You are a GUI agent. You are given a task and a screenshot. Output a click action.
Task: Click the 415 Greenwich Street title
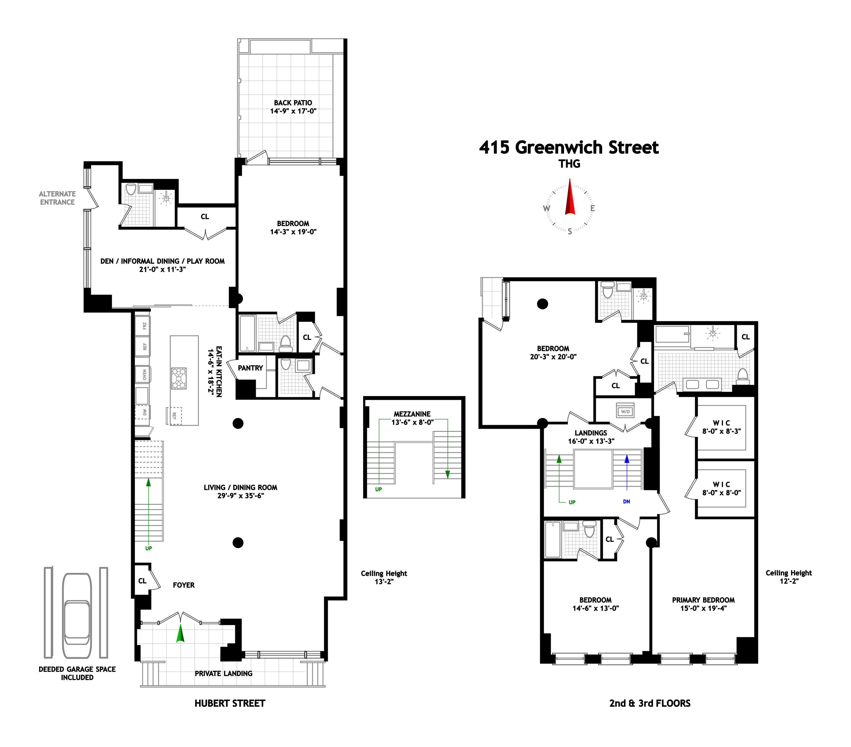click(x=569, y=148)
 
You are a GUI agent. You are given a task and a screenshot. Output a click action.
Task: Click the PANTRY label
click(x=250, y=368)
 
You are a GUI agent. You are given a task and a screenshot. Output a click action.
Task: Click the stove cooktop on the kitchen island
click(x=179, y=378)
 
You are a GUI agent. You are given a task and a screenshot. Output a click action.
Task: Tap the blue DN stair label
click(x=626, y=501)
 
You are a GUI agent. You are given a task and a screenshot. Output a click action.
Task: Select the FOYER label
click(x=184, y=585)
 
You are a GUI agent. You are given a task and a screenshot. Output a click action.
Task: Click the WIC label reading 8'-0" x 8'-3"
click(x=721, y=427)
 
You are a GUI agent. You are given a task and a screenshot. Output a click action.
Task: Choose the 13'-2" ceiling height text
click(x=384, y=578)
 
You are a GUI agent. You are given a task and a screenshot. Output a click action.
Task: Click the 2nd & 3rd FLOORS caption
click(x=649, y=703)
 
